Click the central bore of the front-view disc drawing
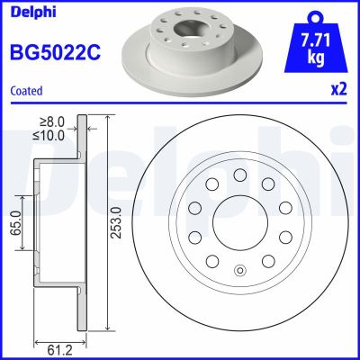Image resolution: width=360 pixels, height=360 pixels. [x=239, y=222]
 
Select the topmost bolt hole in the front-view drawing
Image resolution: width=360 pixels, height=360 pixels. [x=239, y=175]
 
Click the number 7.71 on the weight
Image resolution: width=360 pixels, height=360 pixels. [x=314, y=40]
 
